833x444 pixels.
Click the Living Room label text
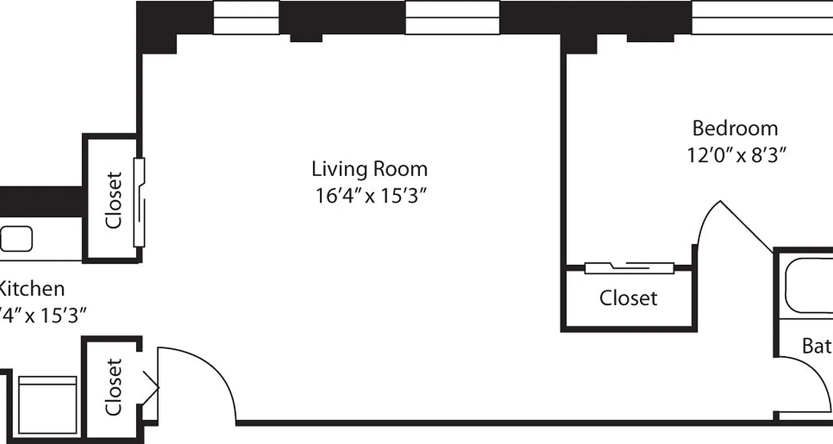pyautogui.click(x=369, y=168)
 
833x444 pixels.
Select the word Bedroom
pyautogui.click(x=735, y=129)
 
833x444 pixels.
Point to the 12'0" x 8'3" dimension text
pyautogui.click(x=737, y=155)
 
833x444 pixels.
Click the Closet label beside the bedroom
pyautogui.click(x=628, y=298)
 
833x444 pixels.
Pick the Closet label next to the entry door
pyautogui.click(x=113, y=387)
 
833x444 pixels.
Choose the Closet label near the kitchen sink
pyautogui.click(x=113, y=200)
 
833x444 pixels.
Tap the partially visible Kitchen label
pyautogui.click(x=31, y=289)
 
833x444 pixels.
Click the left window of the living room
pyautogui.click(x=246, y=18)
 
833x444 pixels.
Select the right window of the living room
pyautogui.click(x=452, y=18)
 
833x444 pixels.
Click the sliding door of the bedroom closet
pyautogui.click(x=629, y=268)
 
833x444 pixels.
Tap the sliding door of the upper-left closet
pyautogui.click(x=140, y=203)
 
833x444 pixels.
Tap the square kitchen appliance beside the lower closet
pyautogui.click(x=48, y=405)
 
